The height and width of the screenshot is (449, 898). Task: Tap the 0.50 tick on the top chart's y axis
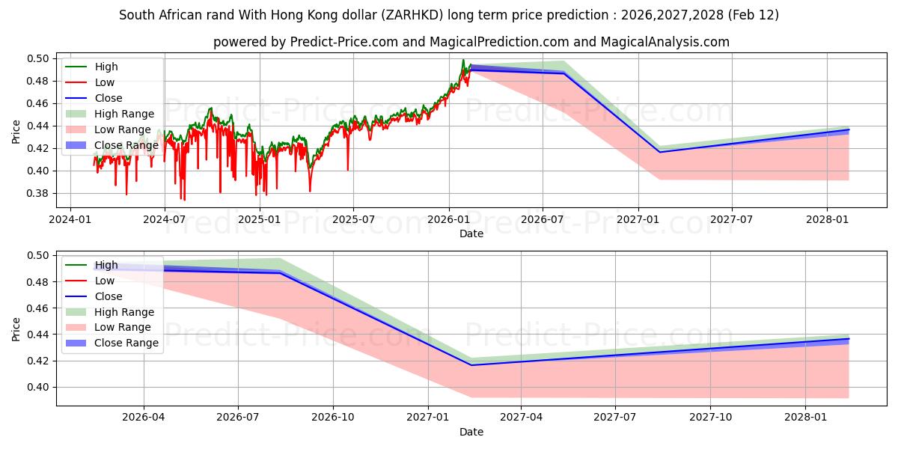(x=38, y=58)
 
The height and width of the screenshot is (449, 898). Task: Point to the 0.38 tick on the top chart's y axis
(x=38, y=193)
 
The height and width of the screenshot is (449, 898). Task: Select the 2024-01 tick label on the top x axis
(x=70, y=219)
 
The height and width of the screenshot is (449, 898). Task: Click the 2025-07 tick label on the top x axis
(x=353, y=219)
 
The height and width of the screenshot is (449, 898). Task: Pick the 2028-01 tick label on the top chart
(x=827, y=219)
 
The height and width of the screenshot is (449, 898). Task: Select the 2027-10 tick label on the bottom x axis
(x=711, y=416)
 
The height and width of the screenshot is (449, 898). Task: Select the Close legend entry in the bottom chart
(x=109, y=296)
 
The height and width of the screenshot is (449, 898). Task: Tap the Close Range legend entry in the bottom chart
(x=126, y=343)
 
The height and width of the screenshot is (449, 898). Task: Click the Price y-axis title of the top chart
(x=16, y=132)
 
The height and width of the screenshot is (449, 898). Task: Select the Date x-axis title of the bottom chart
(x=471, y=432)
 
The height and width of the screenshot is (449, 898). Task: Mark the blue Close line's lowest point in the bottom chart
(x=471, y=365)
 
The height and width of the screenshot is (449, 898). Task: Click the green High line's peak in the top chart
(x=462, y=60)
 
